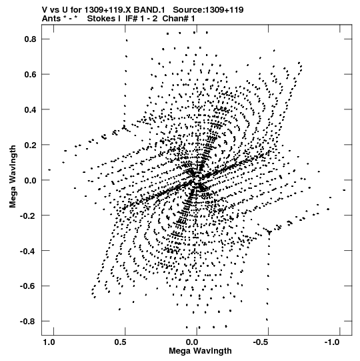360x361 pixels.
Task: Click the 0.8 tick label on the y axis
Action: pyautogui.click(x=31, y=39)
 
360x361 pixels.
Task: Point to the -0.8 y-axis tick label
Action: pyautogui.click(x=28, y=321)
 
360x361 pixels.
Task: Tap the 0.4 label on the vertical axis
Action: pyautogui.click(x=31, y=109)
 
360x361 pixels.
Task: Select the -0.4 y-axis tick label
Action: pyautogui.click(x=28, y=251)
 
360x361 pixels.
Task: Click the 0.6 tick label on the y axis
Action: pyautogui.click(x=31, y=74)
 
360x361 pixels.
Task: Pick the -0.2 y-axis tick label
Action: pyautogui.click(x=28, y=216)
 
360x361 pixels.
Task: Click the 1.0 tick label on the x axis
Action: pyautogui.click(x=49, y=342)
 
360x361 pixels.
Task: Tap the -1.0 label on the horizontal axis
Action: pyautogui.click(x=332, y=342)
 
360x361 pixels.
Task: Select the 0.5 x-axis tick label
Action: pyautogui.click(x=120, y=342)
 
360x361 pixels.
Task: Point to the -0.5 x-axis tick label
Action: pyautogui.click(x=261, y=342)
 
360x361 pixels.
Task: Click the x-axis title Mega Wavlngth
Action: pyautogui.click(x=200, y=351)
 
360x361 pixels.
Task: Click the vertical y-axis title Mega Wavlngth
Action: pyautogui.click(x=13, y=177)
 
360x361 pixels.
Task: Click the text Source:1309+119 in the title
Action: pyautogui.click(x=208, y=10)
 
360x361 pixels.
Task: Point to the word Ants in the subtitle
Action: pyautogui.click(x=51, y=19)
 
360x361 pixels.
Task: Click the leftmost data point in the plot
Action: pyautogui.click(x=49, y=170)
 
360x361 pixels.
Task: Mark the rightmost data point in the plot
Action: pyautogui.click(x=344, y=190)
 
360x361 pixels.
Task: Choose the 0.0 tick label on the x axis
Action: pyautogui.click(x=192, y=342)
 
